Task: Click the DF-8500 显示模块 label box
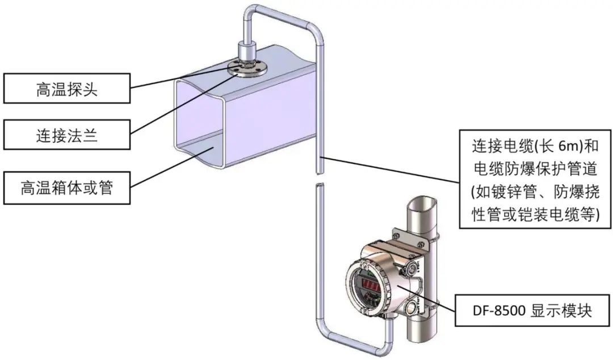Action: tap(533, 311)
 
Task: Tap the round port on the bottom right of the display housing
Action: tap(409, 310)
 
